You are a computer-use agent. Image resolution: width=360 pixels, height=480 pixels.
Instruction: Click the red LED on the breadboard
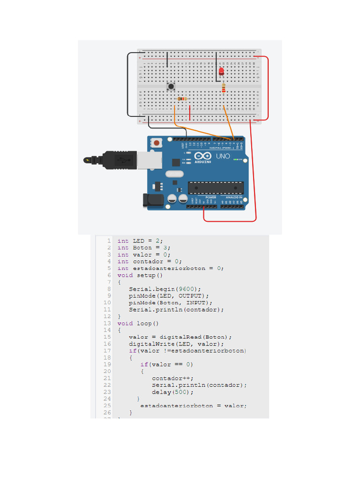221,71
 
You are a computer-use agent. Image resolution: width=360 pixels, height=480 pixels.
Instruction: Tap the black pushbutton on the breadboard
172,86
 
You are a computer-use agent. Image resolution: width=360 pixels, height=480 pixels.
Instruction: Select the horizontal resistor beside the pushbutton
182,99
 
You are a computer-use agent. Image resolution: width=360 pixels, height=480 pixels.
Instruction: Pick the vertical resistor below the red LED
224,88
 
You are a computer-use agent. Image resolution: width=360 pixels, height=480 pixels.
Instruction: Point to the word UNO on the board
223,156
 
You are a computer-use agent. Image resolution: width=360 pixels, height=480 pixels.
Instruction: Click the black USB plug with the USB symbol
120,160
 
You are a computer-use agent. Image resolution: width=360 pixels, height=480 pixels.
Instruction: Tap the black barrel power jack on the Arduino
153,200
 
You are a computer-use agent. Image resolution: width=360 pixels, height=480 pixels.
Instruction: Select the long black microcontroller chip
216,187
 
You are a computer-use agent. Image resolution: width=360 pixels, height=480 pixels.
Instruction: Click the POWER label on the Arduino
210,197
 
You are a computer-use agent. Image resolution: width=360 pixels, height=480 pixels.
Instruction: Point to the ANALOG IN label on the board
233,197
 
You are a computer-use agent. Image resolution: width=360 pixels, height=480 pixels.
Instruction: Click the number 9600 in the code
190,289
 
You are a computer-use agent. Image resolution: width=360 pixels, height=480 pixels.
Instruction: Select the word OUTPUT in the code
190,296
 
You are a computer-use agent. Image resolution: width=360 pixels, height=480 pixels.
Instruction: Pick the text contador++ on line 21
172,378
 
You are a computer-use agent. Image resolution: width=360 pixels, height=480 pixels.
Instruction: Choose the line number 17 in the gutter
107,351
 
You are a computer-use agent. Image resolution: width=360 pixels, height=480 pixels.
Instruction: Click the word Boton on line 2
142,247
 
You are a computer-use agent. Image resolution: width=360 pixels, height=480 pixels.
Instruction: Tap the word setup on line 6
146,275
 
